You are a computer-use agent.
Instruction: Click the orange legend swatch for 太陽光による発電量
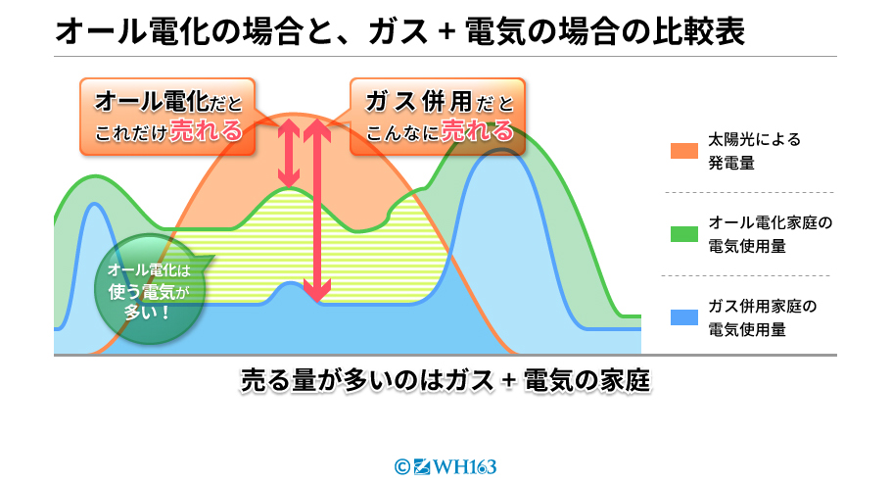pos(684,151)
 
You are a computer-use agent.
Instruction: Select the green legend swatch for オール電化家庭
pos(684,234)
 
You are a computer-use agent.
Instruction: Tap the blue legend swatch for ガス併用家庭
pos(684,317)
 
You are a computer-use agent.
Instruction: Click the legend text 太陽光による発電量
pos(754,151)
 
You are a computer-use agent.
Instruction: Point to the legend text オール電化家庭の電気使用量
pos(770,234)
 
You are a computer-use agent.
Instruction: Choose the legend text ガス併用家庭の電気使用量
pos(762,317)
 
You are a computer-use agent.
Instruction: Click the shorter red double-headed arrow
pos(289,153)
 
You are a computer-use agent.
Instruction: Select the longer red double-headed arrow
pos(317,210)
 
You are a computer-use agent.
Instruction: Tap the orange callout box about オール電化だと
pos(167,117)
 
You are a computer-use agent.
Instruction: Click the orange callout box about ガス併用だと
pos(438,117)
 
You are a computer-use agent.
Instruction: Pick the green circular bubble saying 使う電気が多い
pos(149,290)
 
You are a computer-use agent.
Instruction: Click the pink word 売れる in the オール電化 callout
pos(206,131)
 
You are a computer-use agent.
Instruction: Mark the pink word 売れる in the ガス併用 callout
pos(478,131)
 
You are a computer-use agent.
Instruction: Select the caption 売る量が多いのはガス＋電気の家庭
pos(445,380)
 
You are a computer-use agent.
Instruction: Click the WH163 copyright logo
pos(445,467)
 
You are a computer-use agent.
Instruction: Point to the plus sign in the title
pos(447,31)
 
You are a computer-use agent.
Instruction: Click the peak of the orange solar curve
pos(294,115)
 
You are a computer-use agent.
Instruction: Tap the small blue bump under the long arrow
pos(290,287)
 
